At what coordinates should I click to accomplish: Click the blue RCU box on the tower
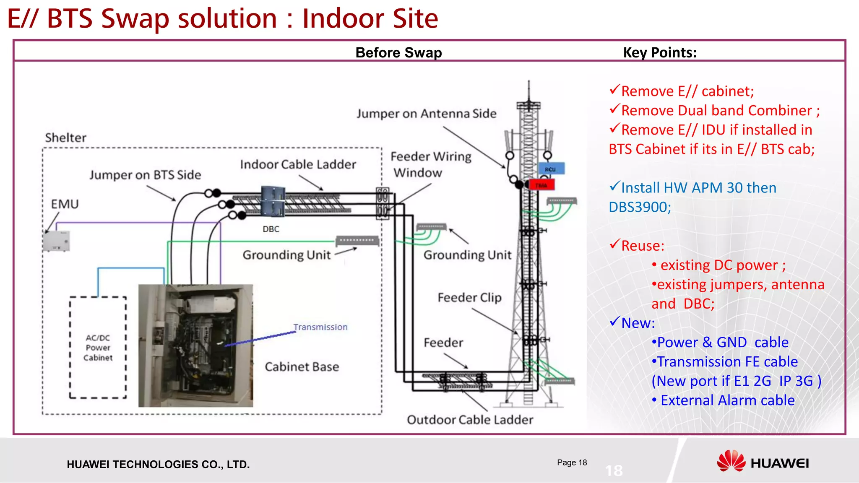click(552, 169)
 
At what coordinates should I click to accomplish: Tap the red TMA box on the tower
click(542, 185)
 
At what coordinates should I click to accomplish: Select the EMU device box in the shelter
click(56, 241)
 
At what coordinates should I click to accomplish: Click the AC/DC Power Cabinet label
click(98, 348)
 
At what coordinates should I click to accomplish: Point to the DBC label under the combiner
click(271, 229)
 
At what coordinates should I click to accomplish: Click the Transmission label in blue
click(320, 327)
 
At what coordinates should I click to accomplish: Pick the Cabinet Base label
click(302, 367)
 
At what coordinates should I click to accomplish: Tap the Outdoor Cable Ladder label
click(470, 420)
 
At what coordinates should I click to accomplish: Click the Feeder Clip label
click(469, 297)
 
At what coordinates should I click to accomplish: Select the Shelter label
click(66, 138)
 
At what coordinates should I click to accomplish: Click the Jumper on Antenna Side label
click(427, 114)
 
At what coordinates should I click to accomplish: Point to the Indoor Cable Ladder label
click(298, 164)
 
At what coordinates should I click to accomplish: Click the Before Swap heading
click(398, 53)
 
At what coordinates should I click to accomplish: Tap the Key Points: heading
click(660, 53)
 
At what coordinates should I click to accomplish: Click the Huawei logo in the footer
click(763, 462)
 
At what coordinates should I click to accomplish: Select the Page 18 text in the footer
click(572, 462)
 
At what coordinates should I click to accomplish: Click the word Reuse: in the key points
click(643, 246)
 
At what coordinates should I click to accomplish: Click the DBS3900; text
click(640, 207)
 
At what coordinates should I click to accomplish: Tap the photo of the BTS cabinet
click(196, 346)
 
